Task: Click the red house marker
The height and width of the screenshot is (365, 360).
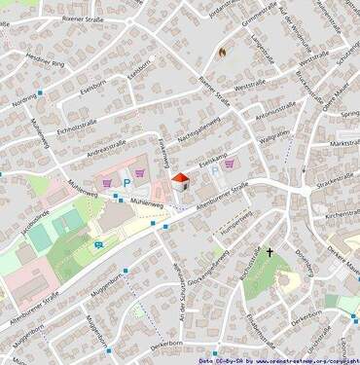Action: pos(179,180)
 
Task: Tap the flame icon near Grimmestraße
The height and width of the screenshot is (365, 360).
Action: pos(223,52)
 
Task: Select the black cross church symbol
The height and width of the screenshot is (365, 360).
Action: pos(270,253)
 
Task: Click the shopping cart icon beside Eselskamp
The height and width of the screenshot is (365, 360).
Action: pos(229,164)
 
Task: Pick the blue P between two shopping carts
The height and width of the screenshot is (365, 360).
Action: pos(126,182)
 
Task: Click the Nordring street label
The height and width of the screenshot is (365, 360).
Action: pos(24,99)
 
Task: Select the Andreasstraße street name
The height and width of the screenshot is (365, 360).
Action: pos(107,149)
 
